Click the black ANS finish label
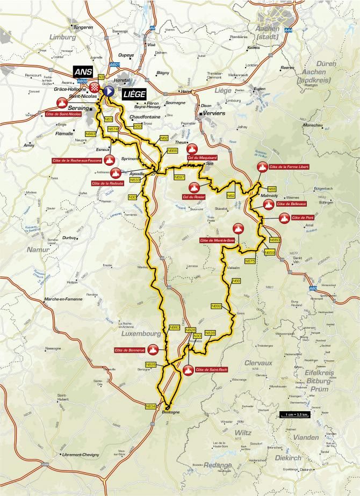tap(84, 73)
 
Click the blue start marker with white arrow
tap(108, 91)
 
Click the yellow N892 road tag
tap(216, 305)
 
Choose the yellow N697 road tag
tap(179, 177)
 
